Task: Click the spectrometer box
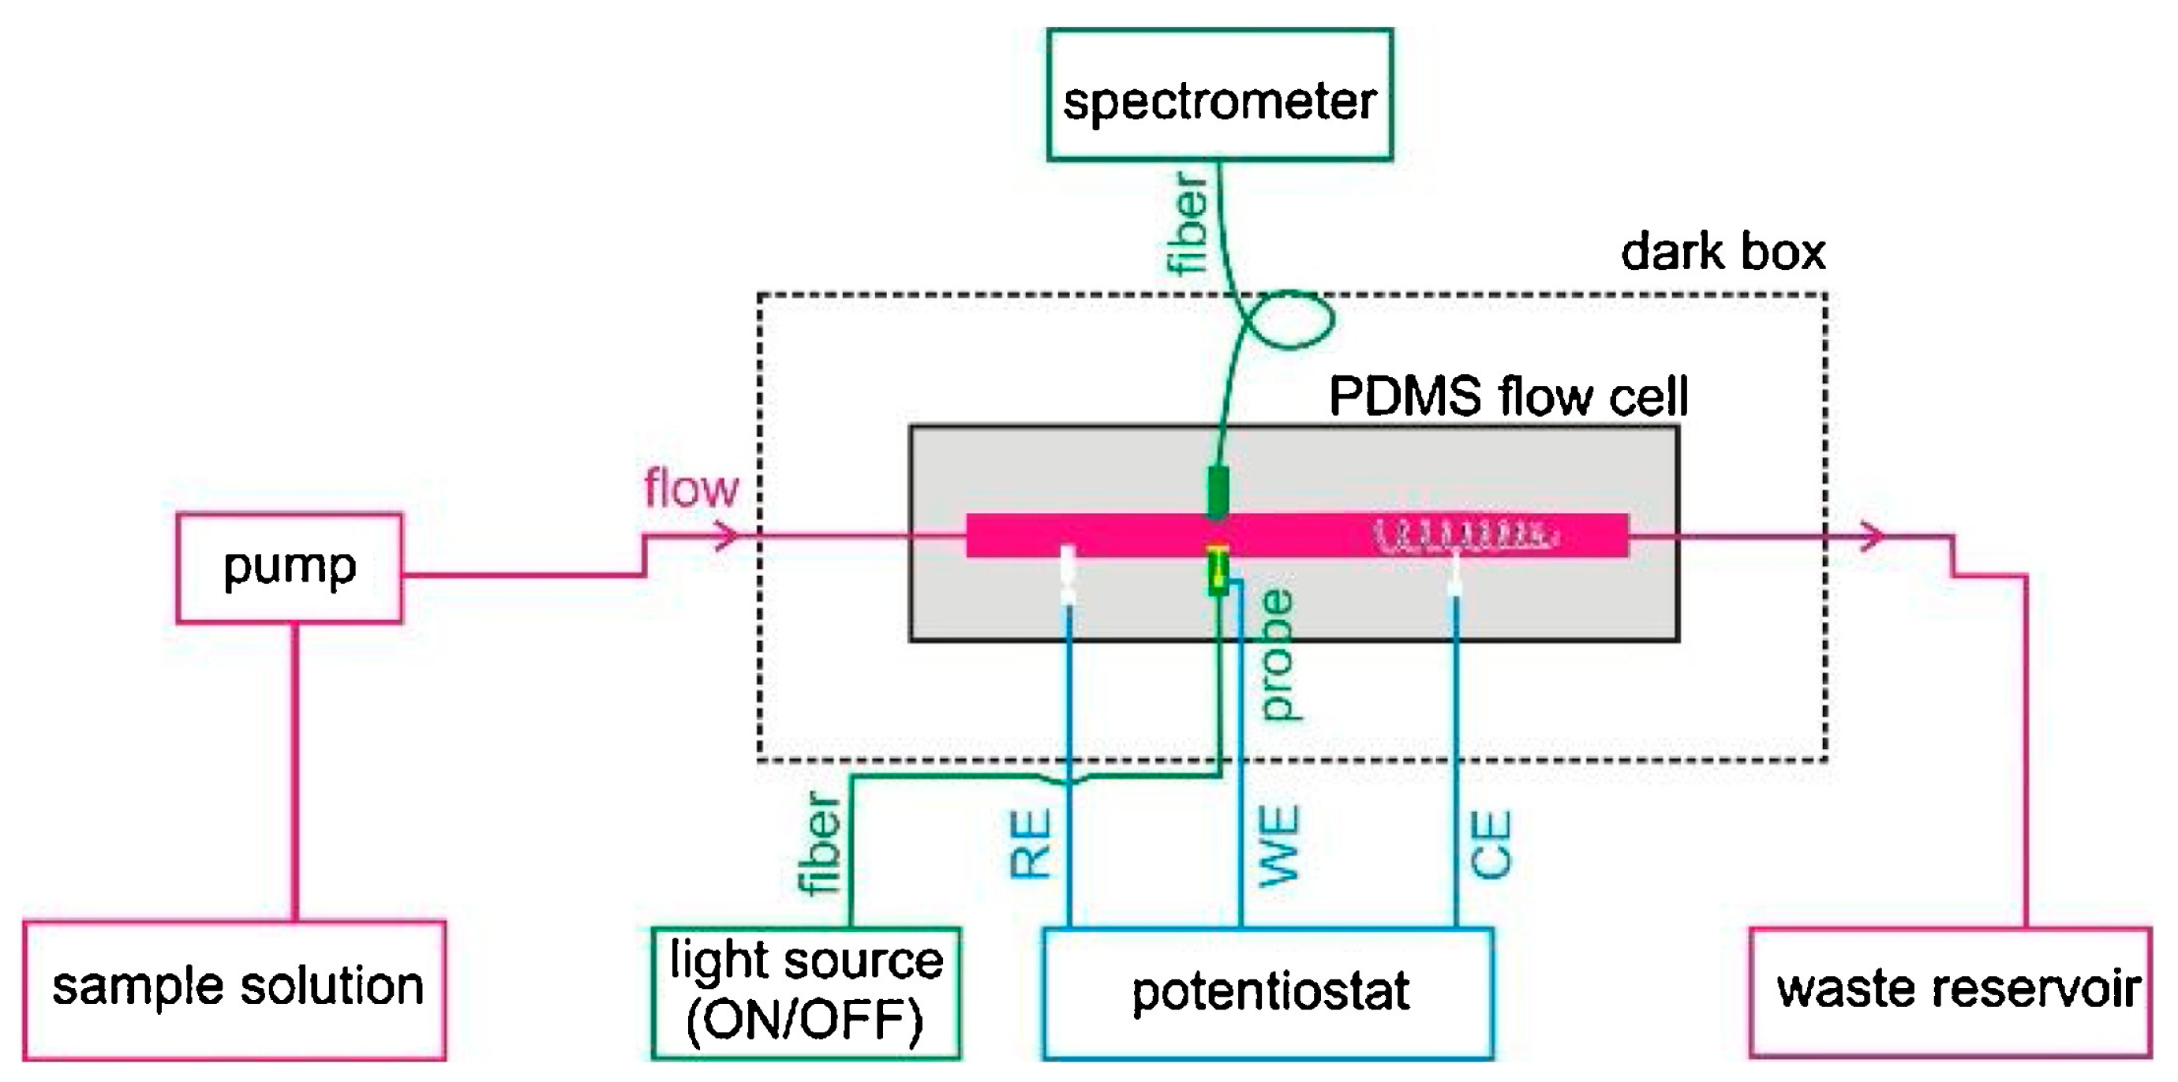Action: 1219,95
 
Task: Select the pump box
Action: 289,568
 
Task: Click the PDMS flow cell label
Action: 1508,395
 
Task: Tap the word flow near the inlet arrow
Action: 690,489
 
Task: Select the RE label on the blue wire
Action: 1031,843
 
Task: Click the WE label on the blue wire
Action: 1278,844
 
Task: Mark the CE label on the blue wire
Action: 1491,844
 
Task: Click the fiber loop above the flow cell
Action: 1289,320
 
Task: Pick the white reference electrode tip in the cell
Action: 1068,575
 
